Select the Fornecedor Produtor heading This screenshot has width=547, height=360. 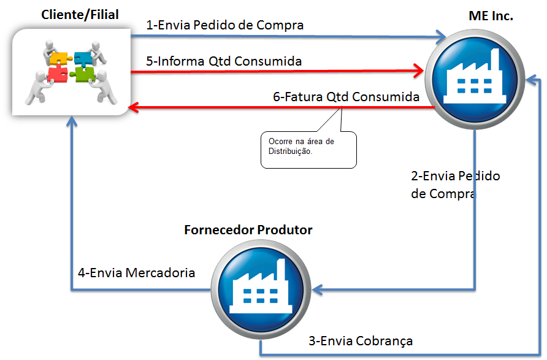pos(248,230)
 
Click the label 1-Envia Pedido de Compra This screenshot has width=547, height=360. pos(225,25)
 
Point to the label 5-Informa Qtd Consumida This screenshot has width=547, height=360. pos(224,61)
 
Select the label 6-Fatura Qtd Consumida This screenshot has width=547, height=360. pos(346,97)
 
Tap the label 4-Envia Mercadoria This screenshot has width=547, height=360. pos(136,272)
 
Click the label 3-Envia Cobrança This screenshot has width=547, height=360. pos(360,340)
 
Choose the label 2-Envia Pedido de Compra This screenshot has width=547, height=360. pos(455,185)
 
